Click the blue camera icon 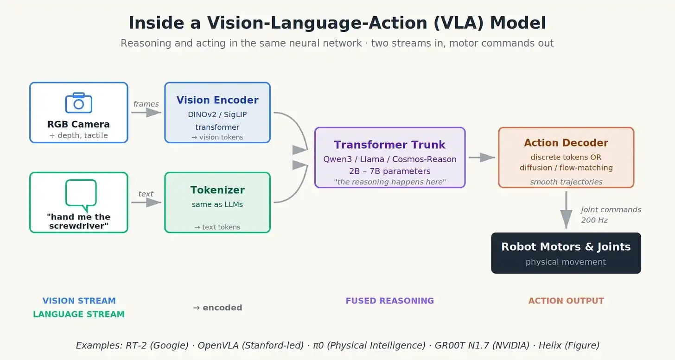tap(79, 103)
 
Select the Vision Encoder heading tap(217, 100)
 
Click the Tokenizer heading tap(217, 190)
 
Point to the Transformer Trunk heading tap(389, 145)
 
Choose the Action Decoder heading tap(566, 143)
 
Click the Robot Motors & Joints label tap(566, 247)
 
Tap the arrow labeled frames tap(146, 113)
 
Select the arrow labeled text tap(146, 202)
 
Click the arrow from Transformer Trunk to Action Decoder tap(482, 157)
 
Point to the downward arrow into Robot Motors tap(566, 210)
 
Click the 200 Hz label tap(594, 220)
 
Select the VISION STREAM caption tap(79, 301)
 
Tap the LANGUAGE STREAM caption tap(79, 314)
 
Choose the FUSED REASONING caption tap(389, 301)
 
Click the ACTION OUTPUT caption tap(566, 301)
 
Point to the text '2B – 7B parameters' tap(389, 171)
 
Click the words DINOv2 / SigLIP tap(217, 114)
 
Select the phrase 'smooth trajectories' tap(566, 182)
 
